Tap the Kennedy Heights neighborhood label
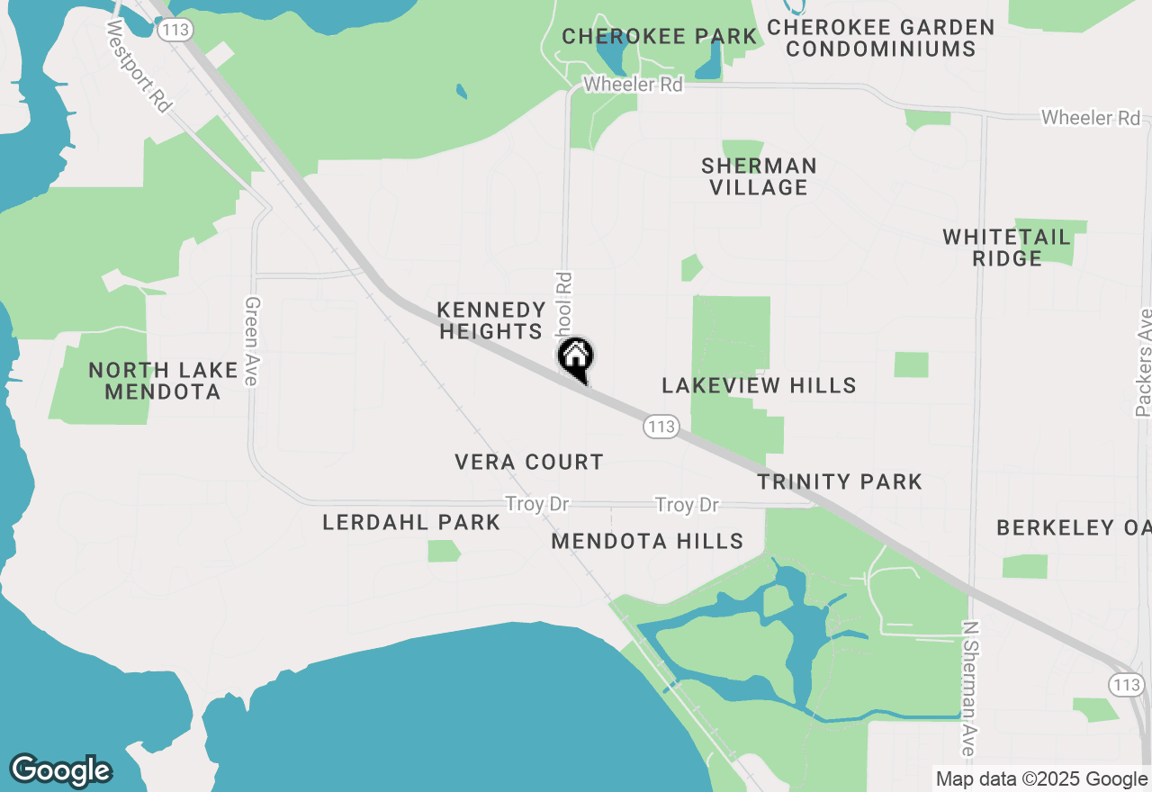coord(491,320)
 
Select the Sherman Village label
coord(760,176)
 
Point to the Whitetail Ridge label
coord(1007,247)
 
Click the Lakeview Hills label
coord(759,385)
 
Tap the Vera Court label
coord(529,463)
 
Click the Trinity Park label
coord(840,481)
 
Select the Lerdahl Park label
coord(411,522)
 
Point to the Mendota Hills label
coord(648,541)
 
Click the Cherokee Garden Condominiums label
coord(881,38)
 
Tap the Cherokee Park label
coord(660,37)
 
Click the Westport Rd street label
coord(139,67)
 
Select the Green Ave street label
coord(251,342)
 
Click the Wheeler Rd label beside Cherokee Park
coord(633,85)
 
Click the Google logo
coord(60,770)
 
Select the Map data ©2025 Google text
coord(1041,779)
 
